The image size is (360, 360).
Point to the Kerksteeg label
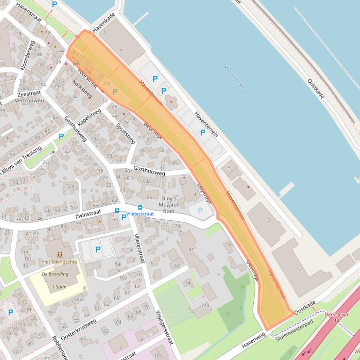point(82,88)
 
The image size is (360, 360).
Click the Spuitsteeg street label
point(125,132)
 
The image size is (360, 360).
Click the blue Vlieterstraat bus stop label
point(140,214)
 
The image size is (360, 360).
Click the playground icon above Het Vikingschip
point(59,254)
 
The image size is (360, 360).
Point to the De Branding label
point(55,274)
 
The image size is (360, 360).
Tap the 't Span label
point(59,286)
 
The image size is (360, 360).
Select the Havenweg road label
point(254,340)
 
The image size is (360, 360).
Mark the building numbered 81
point(191,249)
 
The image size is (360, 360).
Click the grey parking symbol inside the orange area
point(115,92)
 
